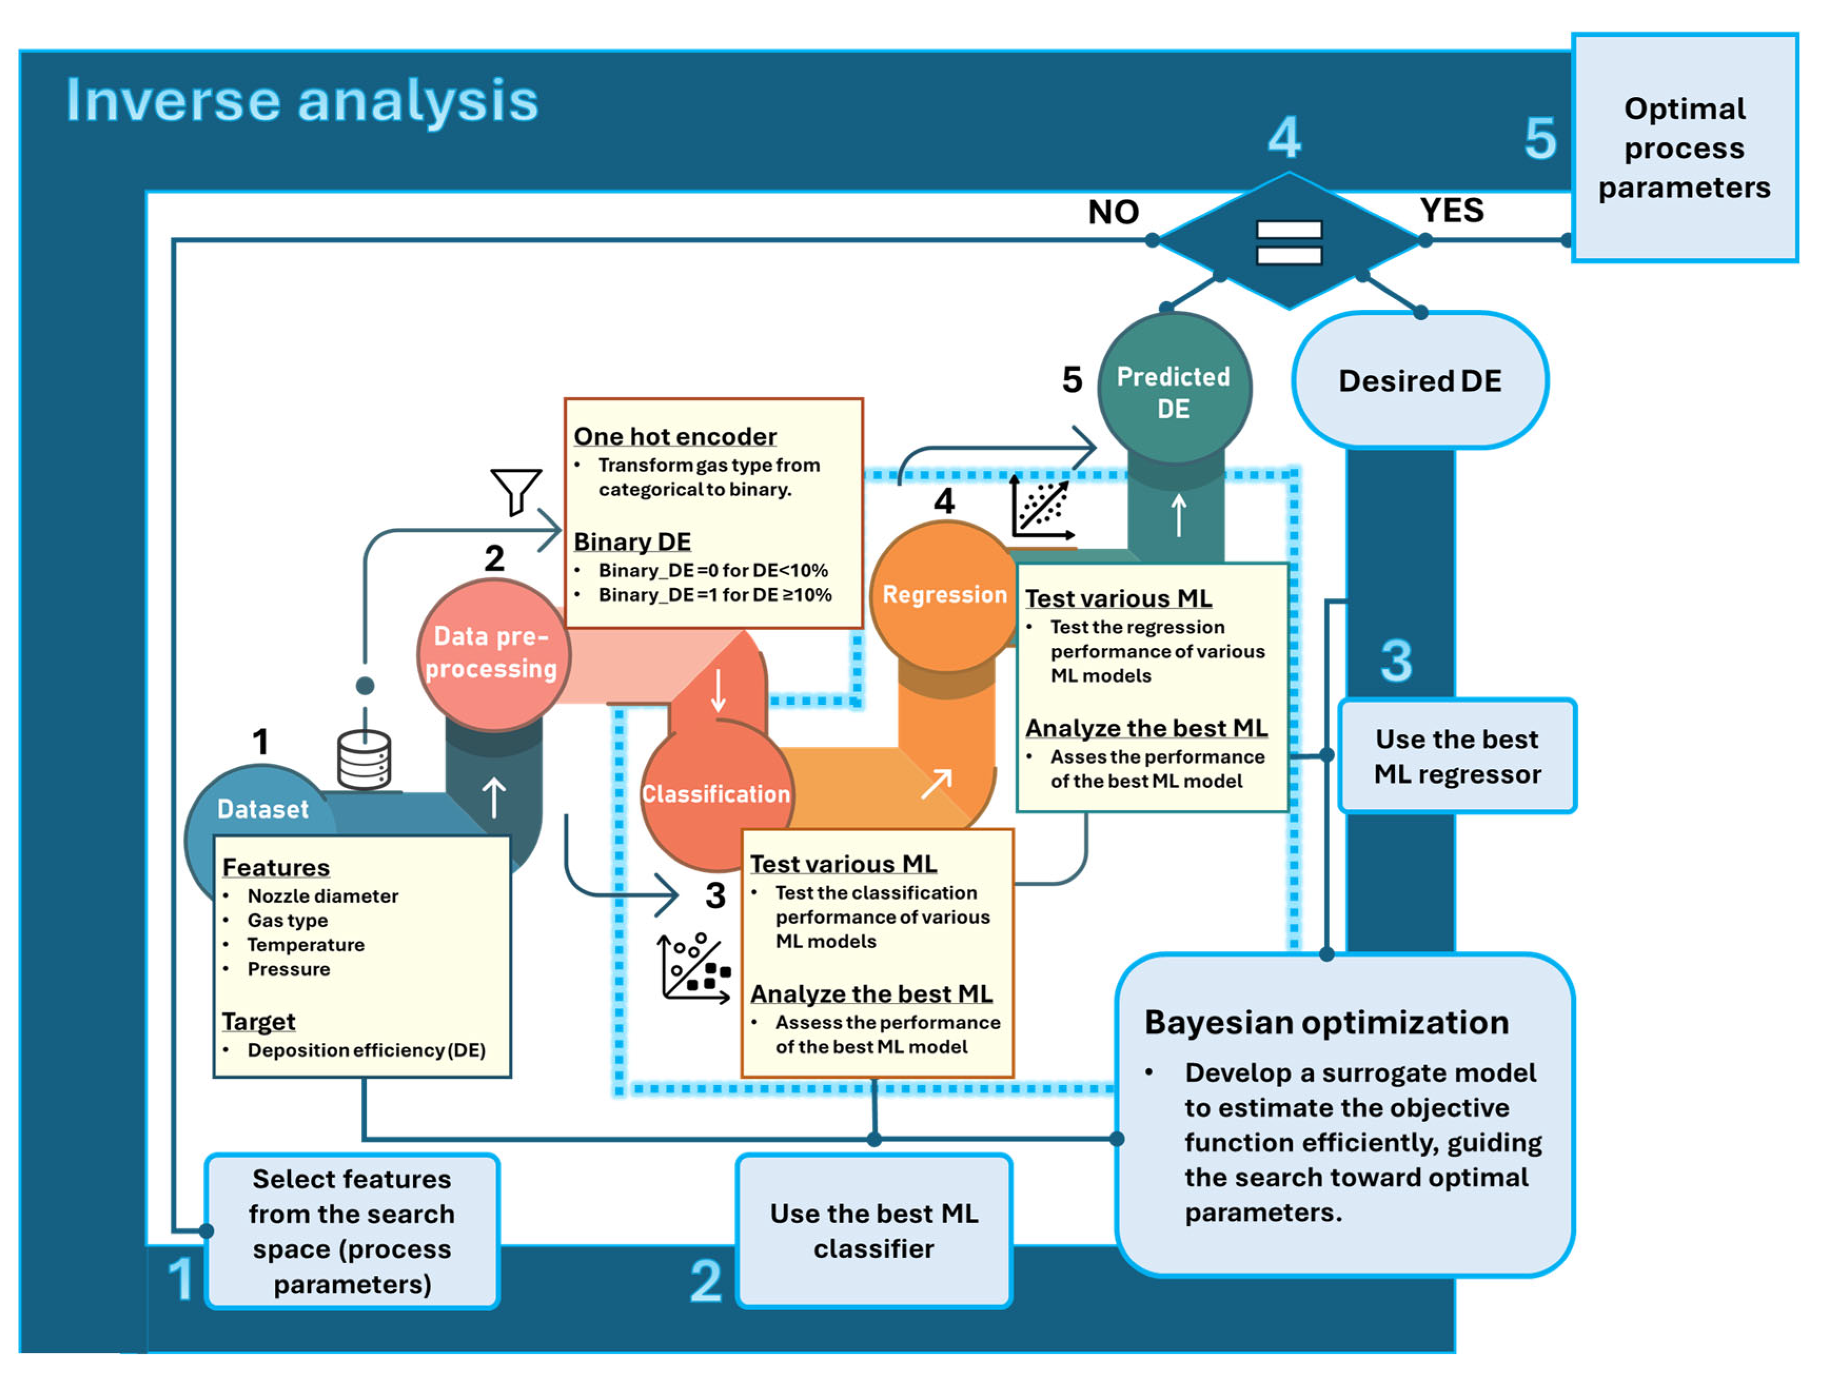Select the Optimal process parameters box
click(1684, 149)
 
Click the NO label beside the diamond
click(1113, 213)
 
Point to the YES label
click(1451, 210)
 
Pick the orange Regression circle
click(944, 595)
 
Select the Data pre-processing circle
click(491, 653)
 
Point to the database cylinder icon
click(363, 759)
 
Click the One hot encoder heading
click(675, 436)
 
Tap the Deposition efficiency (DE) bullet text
click(366, 1050)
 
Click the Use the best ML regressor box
click(1456, 756)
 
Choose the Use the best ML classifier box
click(873, 1230)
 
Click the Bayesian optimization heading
click(1326, 1022)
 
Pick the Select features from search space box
click(352, 1230)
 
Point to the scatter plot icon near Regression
click(1041, 509)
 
